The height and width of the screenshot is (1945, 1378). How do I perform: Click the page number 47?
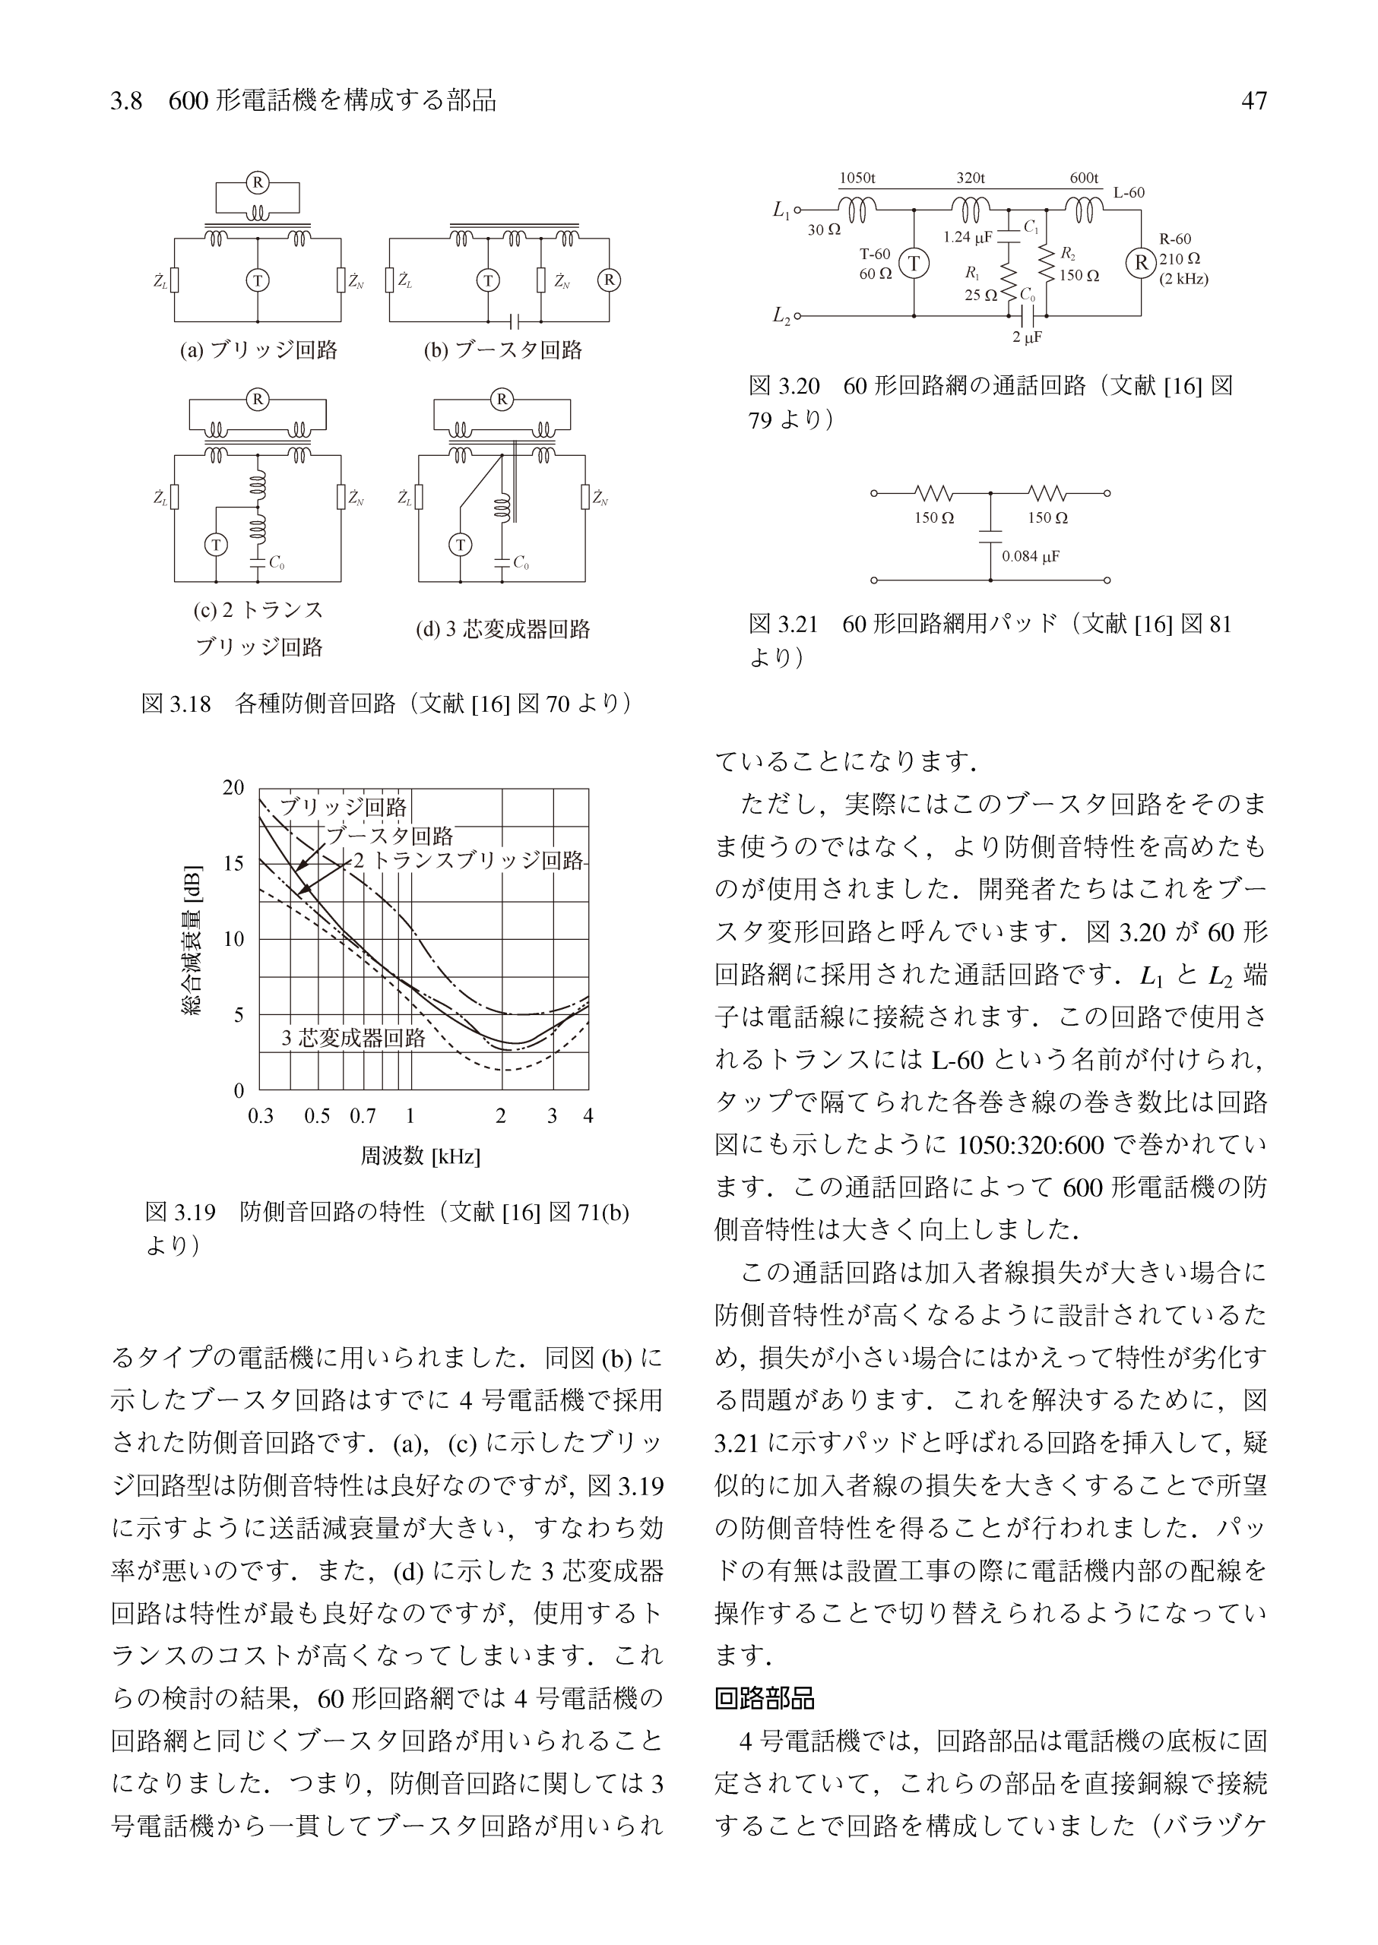click(1253, 101)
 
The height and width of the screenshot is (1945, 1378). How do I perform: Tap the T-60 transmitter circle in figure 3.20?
click(914, 264)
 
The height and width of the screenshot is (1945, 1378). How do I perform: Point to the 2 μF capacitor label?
click(1027, 337)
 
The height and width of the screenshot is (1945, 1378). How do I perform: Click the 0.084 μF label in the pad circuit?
click(1031, 556)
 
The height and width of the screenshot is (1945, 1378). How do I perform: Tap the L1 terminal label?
click(781, 210)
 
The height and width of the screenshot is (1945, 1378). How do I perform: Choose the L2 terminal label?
click(781, 316)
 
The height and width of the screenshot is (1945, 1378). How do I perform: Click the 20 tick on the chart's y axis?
click(233, 787)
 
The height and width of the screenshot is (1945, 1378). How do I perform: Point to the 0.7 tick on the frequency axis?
click(363, 1116)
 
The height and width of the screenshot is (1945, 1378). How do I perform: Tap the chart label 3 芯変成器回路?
click(353, 1037)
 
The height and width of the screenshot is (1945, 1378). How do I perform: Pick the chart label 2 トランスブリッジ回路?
click(468, 861)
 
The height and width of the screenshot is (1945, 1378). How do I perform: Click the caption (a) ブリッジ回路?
click(258, 350)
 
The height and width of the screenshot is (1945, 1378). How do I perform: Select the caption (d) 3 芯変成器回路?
click(502, 629)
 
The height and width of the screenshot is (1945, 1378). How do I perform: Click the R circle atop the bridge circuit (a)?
click(257, 182)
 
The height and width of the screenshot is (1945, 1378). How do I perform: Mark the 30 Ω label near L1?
click(824, 229)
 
